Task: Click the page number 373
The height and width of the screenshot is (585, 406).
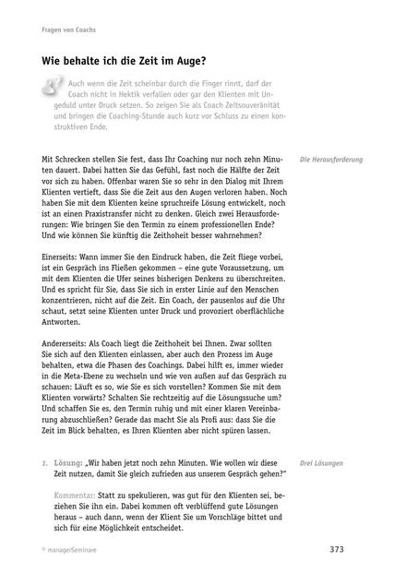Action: click(337, 551)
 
